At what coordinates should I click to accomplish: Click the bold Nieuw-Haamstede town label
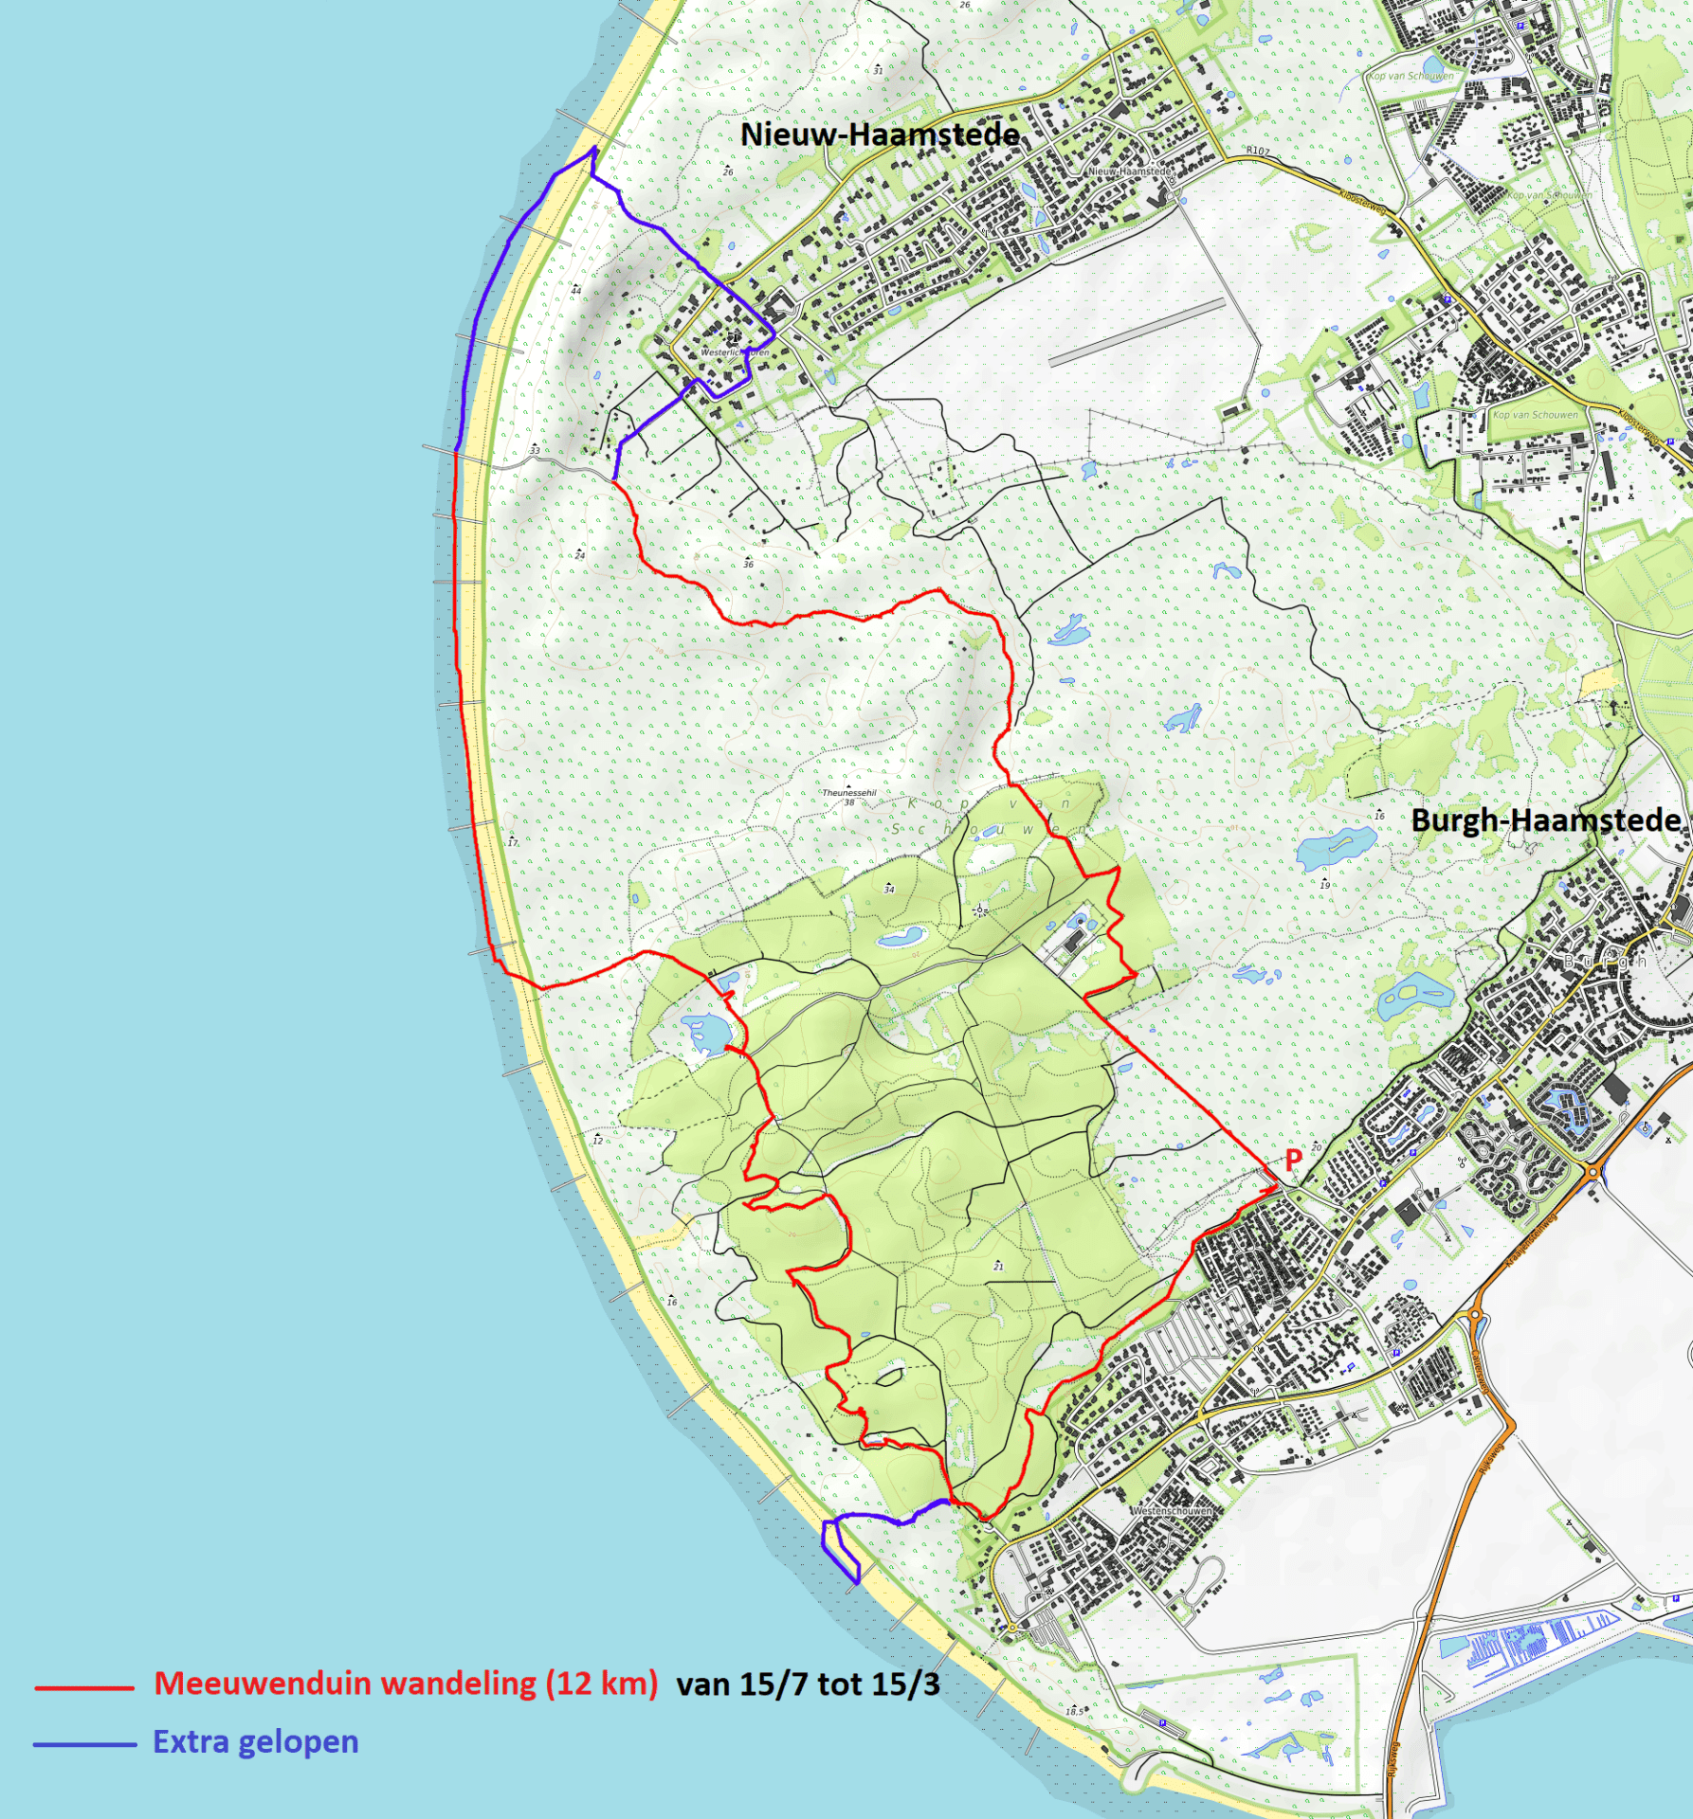880,135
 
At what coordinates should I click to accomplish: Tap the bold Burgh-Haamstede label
1546,819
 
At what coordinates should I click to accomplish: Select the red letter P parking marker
1293,1158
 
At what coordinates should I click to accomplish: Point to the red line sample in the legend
83,1687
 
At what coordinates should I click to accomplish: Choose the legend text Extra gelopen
256,1742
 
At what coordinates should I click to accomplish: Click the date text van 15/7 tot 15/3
808,1684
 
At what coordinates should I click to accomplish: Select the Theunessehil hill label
848,793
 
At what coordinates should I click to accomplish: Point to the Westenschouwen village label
1172,1510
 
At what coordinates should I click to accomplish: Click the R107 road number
1257,151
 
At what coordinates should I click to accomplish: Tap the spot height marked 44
575,290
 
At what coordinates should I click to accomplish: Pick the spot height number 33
535,450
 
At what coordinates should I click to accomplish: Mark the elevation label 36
748,564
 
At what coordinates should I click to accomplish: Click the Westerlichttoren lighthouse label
735,352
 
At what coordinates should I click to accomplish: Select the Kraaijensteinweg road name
1531,1241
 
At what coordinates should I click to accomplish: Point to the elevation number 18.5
1073,1711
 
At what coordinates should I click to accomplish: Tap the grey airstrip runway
1138,332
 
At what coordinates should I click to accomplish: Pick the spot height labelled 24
579,555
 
